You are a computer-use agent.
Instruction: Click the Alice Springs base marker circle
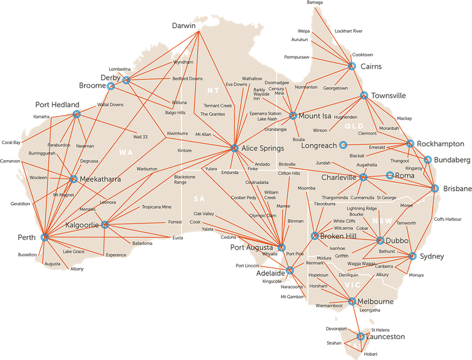click(234, 148)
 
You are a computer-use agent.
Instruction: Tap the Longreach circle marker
click(343, 145)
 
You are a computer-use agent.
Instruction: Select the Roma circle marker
click(390, 175)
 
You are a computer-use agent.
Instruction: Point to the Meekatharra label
click(100, 179)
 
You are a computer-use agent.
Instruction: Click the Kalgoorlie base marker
click(104, 224)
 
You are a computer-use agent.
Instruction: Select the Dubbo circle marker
click(380, 240)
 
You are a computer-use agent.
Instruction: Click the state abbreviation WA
click(126, 151)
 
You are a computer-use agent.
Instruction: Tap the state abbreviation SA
click(199, 199)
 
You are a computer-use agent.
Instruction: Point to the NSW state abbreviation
click(381, 220)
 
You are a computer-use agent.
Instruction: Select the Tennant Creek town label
click(218, 105)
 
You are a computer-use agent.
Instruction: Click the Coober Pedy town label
click(243, 197)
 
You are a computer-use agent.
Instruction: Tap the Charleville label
click(338, 177)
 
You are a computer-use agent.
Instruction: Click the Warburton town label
click(147, 168)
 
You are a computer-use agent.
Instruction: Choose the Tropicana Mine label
click(156, 207)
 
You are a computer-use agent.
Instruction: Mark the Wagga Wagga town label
click(362, 264)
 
